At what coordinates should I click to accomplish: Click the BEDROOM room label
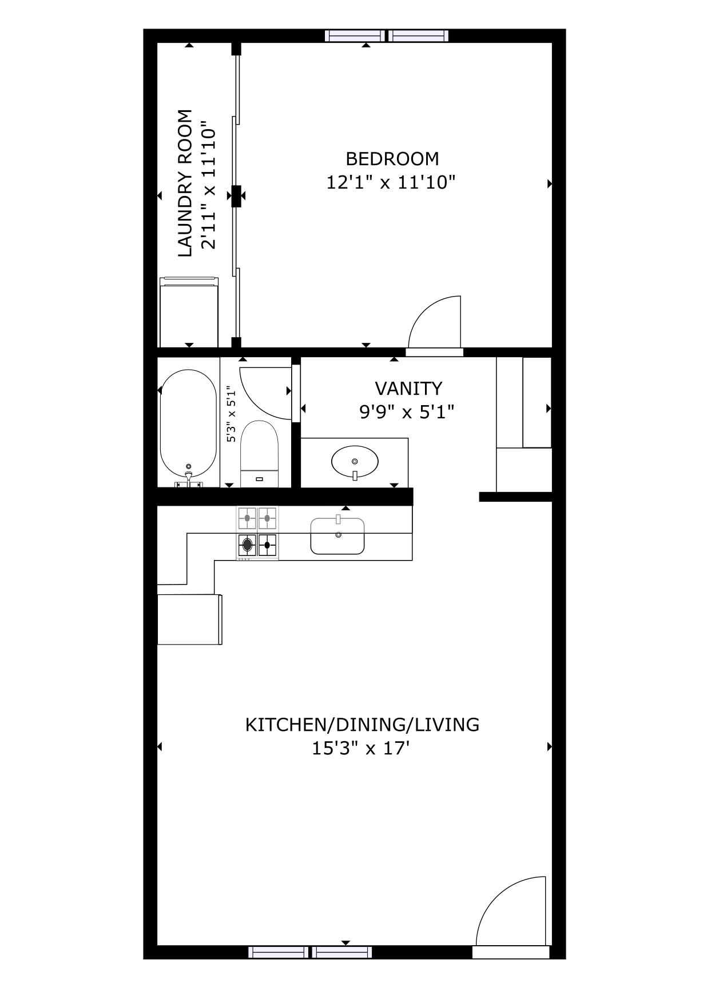[x=392, y=158]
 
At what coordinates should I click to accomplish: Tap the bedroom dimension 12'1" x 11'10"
[x=391, y=182]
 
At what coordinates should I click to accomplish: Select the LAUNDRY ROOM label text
[x=185, y=183]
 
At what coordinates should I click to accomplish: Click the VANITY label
[x=408, y=389]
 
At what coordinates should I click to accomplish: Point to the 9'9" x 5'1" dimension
[x=407, y=411]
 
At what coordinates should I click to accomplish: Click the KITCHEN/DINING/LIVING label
[x=362, y=725]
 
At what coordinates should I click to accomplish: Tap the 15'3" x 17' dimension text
[x=361, y=748]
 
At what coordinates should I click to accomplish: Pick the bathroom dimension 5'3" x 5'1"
[x=231, y=414]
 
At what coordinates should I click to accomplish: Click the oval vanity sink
[x=355, y=461]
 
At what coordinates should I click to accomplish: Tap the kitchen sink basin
[x=337, y=535]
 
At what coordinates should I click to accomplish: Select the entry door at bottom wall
[x=511, y=952]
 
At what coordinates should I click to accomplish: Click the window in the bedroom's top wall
[x=387, y=36]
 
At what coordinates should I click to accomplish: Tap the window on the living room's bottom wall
[x=310, y=952]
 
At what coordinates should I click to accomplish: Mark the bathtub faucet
[x=189, y=476]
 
